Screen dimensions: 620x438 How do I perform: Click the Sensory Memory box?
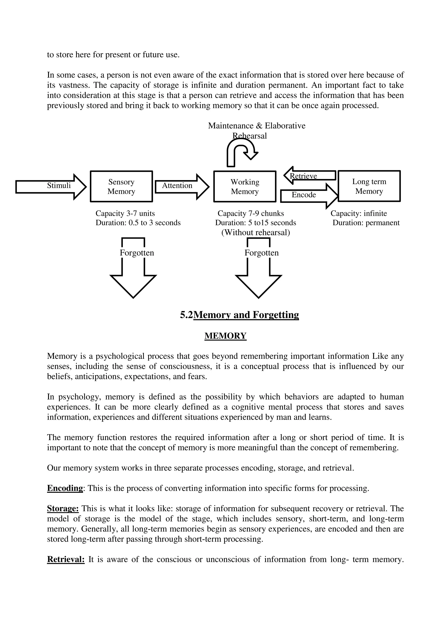tap(121, 186)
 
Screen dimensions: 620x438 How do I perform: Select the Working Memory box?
tap(245, 186)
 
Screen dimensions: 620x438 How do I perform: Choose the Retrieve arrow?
tap(310, 176)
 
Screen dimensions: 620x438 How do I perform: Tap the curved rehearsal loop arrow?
tap(240, 151)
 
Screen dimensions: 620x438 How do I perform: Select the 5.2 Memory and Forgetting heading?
tap(239, 315)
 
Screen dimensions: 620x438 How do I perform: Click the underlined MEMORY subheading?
tap(225, 336)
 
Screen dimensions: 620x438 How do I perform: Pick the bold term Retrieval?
tap(66, 559)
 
